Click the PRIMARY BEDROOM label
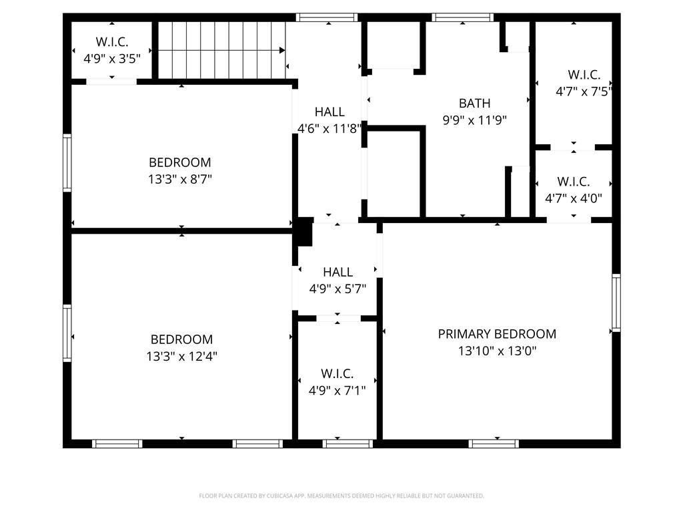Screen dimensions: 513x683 (x=497, y=334)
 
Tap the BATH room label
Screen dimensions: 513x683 (x=474, y=104)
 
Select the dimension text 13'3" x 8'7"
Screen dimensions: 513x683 (x=179, y=179)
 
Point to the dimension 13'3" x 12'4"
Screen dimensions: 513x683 (x=181, y=357)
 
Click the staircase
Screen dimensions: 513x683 (x=221, y=50)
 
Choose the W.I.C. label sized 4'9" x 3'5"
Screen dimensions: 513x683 (x=111, y=41)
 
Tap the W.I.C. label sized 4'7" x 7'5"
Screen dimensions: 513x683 (x=584, y=75)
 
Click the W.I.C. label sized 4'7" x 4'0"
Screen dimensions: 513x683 (x=573, y=182)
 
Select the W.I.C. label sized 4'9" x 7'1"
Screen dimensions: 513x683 (x=337, y=374)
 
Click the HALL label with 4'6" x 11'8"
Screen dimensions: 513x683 (x=329, y=112)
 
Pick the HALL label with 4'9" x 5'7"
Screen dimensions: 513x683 (x=337, y=273)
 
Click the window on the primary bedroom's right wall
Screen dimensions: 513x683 (x=616, y=303)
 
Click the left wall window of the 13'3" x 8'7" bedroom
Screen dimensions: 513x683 (x=67, y=163)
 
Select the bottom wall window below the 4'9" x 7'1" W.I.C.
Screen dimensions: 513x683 (x=348, y=444)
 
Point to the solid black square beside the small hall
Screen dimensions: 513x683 (x=303, y=232)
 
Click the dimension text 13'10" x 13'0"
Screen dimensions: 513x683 (x=497, y=351)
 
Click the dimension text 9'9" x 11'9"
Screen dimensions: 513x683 (x=474, y=121)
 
